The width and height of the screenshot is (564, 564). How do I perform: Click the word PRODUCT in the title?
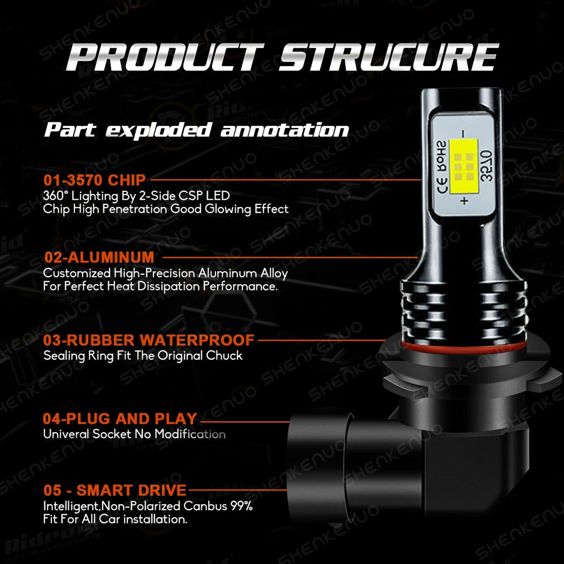coord(165,57)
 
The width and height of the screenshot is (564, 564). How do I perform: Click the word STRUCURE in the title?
coord(389,57)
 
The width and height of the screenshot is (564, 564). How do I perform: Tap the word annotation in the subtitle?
coord(285,130)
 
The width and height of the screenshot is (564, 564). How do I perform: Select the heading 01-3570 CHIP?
coord(95,180)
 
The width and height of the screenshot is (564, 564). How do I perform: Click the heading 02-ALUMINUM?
coord(99,257)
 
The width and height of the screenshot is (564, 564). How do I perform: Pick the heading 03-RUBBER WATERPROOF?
coord(149,340)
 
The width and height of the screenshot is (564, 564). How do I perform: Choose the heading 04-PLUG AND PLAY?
coord(120,418)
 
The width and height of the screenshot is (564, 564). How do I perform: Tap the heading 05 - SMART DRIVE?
coord(115,490)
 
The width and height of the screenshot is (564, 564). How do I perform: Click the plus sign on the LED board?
coord(464,200)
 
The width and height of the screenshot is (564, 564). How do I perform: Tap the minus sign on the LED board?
coord(464,134)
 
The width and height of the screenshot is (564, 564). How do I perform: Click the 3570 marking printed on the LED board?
coord(486,166)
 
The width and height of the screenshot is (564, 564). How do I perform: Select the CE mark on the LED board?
coord(442,185)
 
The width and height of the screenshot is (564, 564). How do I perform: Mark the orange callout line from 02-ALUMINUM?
coord(290,257)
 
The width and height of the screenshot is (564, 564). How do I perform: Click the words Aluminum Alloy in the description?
coord(243,274)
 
